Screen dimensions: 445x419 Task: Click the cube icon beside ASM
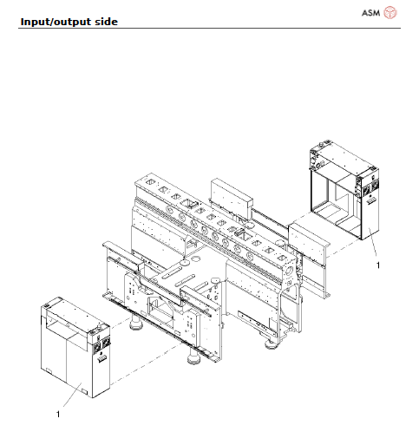click(390, 12)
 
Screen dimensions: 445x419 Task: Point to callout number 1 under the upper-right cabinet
click(377, 265)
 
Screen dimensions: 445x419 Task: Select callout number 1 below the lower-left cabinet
click(58, 415)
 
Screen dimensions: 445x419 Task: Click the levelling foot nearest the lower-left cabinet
click(137, 328)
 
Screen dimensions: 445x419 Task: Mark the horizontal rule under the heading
click(208, 28)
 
